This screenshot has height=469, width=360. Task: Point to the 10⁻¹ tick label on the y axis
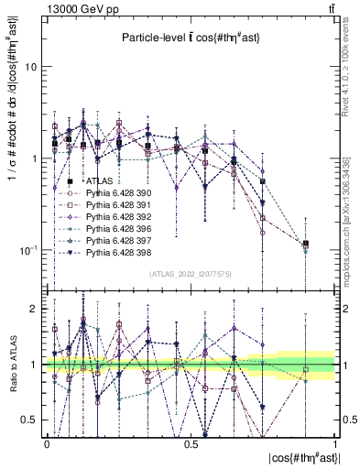click(28, 249)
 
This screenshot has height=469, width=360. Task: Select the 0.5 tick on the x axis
click(191, 444)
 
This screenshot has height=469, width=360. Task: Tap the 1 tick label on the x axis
click(336, 444)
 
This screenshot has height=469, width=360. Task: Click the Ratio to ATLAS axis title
click(12, 363)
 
